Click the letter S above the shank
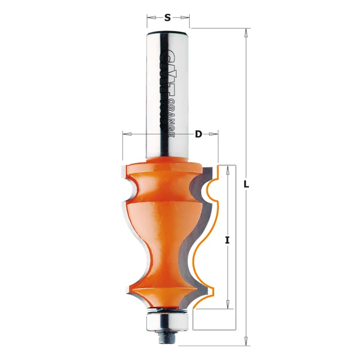click(x=169, y=17)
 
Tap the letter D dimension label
click(x=198, y=134)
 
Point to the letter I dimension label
click(x=227, y=240)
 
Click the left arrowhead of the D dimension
click(x=125, y=134)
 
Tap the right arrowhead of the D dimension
click(x=215, y=134)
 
